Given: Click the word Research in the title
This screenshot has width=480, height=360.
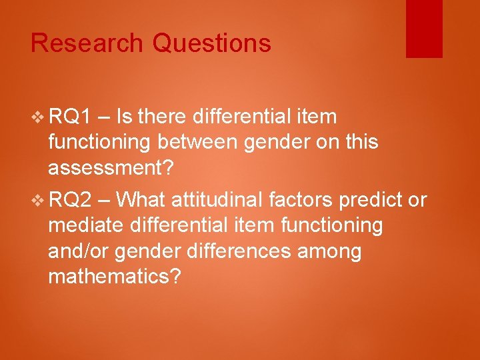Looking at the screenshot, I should (87, 43).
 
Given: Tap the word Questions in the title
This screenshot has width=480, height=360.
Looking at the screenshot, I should (211, 43).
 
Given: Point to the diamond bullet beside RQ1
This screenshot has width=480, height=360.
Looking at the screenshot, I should (37, 117).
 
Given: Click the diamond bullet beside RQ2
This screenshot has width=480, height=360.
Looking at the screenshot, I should (37, 199).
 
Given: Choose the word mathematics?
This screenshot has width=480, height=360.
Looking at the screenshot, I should (114, 277).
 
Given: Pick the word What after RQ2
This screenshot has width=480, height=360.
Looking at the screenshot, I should (144, 199).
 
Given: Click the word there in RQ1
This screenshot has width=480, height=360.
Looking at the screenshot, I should (161, 117).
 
